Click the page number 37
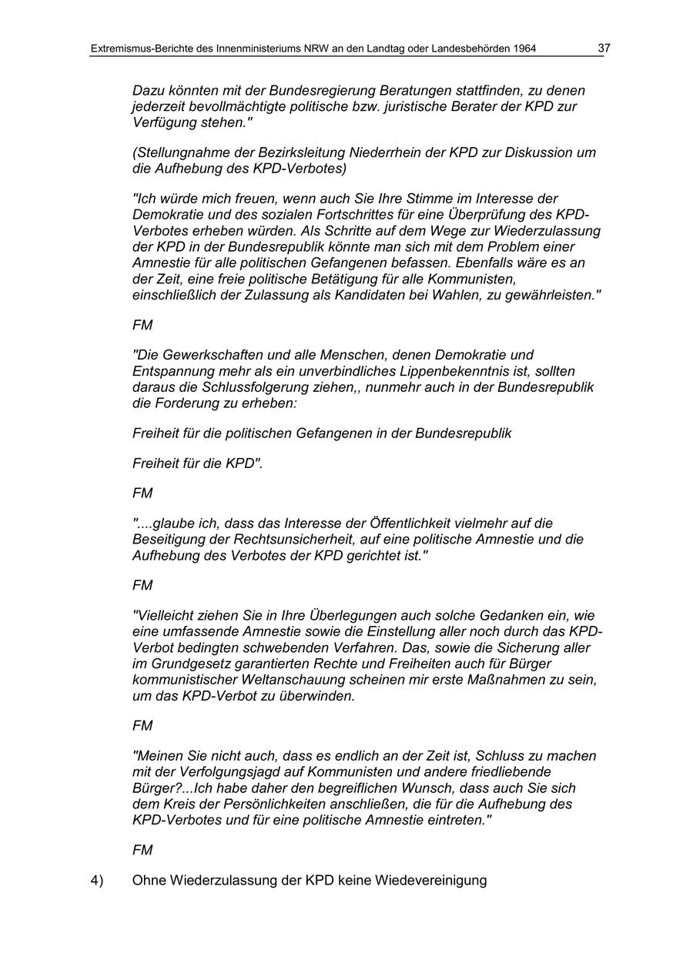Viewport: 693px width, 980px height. (604, 48)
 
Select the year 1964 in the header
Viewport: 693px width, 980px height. (523, 49)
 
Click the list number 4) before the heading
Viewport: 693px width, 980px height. (97, 880)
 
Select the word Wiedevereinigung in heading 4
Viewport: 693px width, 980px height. (430, 880)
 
